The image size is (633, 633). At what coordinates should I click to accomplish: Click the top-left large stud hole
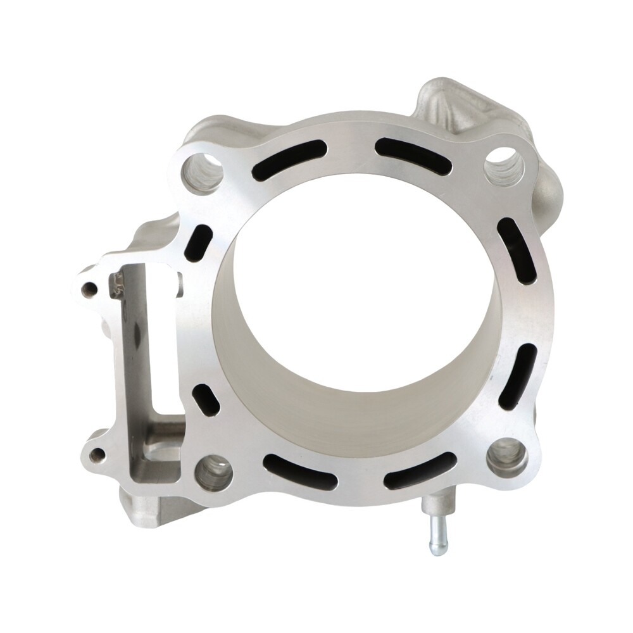tap(203, 172)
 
